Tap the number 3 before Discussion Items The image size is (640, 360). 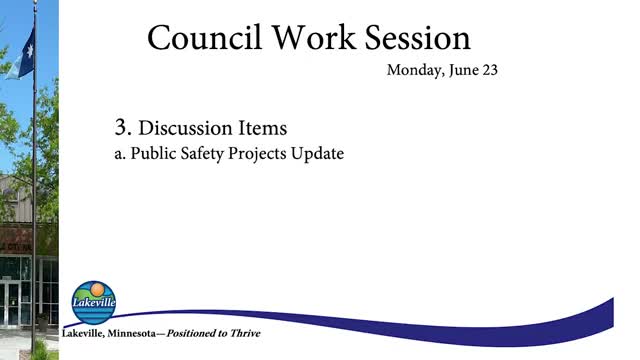(123, 128)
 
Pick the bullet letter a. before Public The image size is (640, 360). (122, 155)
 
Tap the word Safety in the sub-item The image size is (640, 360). (204, 155)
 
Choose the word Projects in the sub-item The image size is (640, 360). (260, 155)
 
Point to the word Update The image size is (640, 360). (319, 155)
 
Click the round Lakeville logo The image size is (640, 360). (94, 302)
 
